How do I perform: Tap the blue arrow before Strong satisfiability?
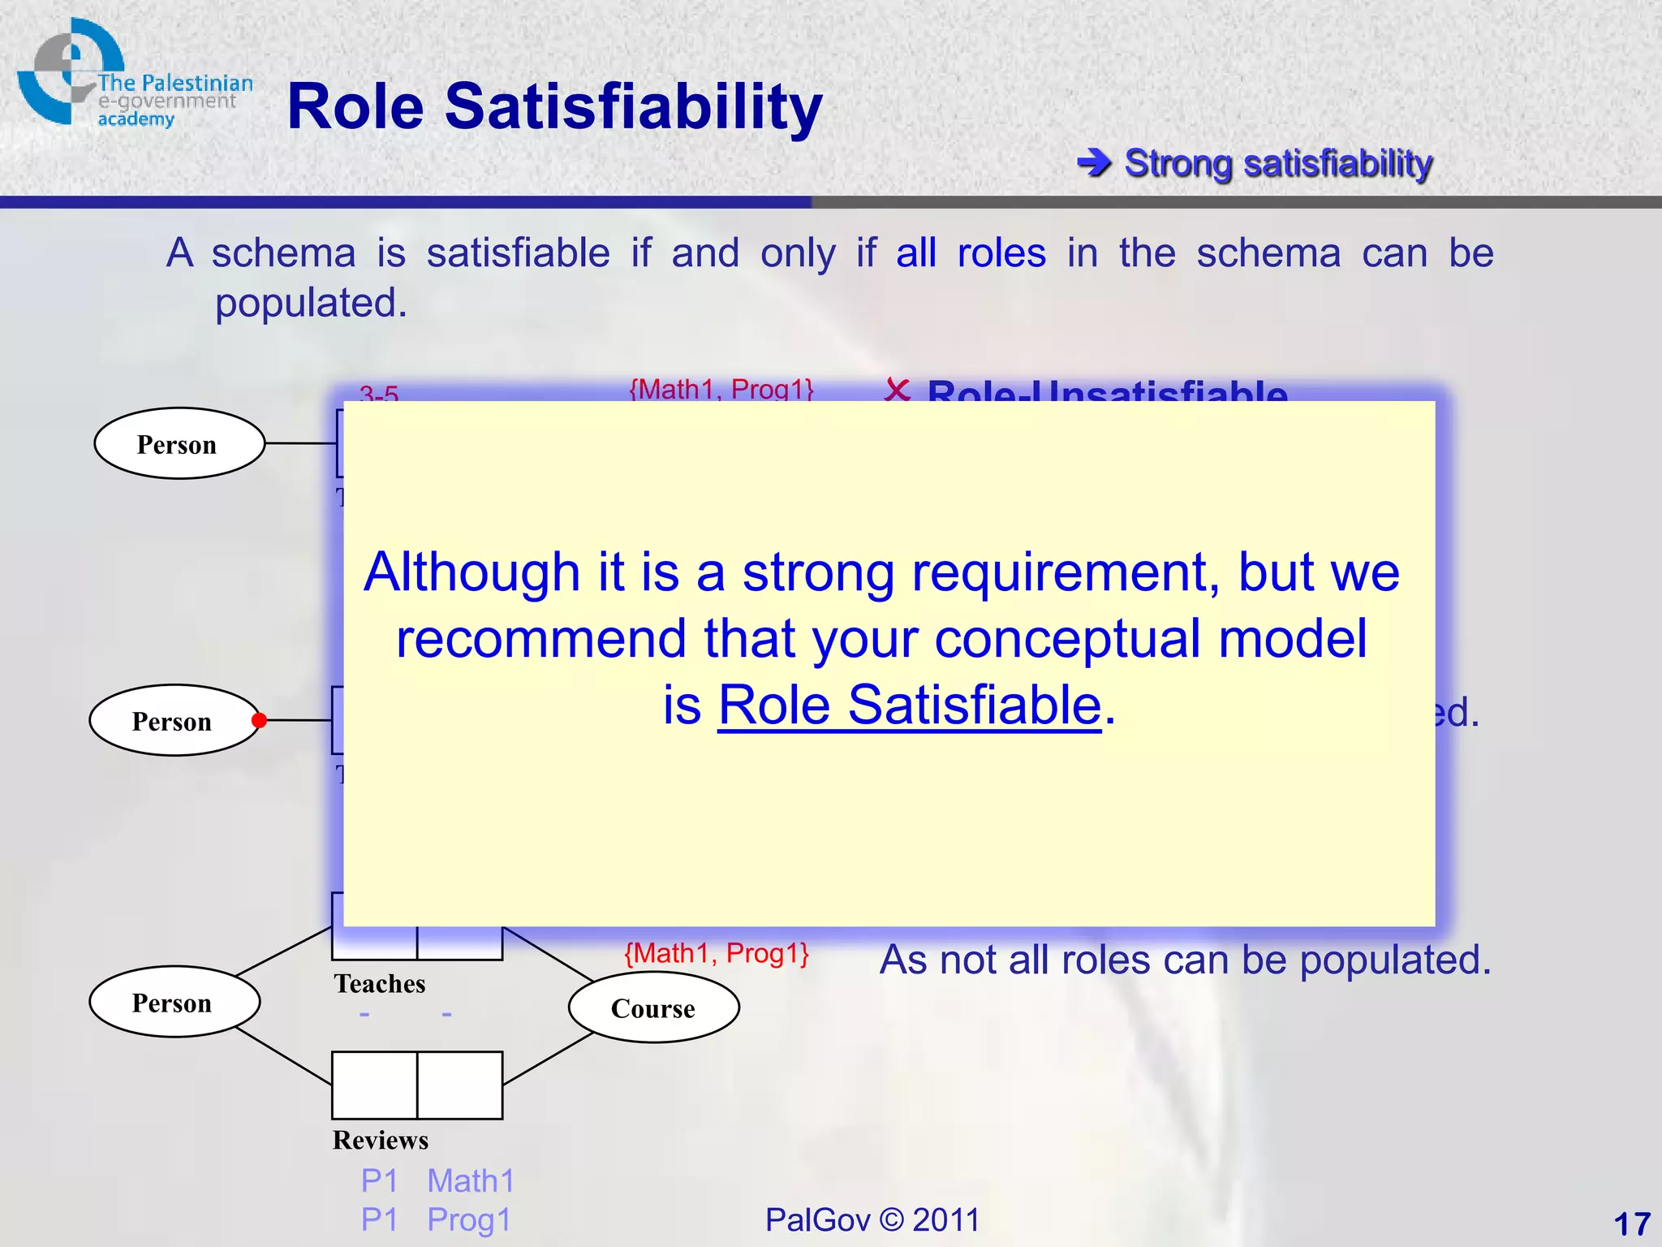(1095, 163)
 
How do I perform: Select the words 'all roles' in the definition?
(971, 253)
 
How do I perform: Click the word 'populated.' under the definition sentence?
(311, 304)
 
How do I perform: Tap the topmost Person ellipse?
(179, 443)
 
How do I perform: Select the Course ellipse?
(653, 1008)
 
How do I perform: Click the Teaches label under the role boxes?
(379, 984)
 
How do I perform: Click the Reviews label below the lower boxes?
(380, 1140)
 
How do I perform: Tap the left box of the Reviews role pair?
(374, 1085)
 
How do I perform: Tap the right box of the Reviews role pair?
(460, 1085)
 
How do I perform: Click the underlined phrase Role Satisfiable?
(909, 705)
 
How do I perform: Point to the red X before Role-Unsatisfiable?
(897, 390)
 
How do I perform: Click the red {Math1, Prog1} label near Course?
(717, 953)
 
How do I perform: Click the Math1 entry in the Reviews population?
(471, 1181)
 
